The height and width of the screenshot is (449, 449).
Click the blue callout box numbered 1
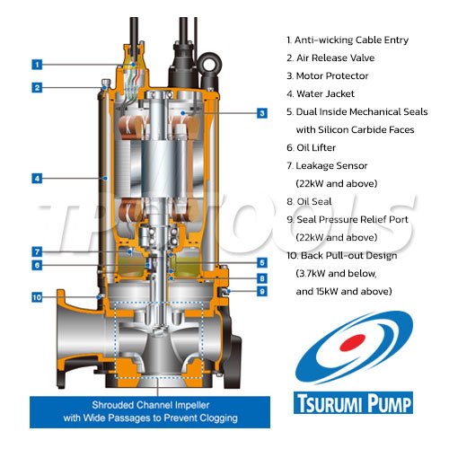coord(37,65)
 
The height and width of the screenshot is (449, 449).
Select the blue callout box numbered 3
coord(262,113)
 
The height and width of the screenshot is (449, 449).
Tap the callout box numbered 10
coord(37,297)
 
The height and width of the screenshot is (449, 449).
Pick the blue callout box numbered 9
coord(262,291)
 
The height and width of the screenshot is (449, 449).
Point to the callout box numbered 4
coord(37,179)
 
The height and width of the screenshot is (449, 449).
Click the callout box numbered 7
coord(37,251)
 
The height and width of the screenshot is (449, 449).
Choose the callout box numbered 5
coord(262,263)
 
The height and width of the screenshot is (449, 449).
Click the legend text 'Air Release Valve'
coord(335,57)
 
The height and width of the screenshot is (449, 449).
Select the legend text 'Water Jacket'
coord(325,93)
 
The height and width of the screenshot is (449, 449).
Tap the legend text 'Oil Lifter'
coord(316,147)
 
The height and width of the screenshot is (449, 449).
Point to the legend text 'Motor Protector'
coord(332,75)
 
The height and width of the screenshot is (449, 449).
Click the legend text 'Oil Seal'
coord(314,201)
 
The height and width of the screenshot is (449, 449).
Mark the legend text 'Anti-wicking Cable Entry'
coord(351,40)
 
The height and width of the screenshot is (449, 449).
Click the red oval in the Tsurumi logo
coord(353,343)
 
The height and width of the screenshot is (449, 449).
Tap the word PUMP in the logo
coord(389,404)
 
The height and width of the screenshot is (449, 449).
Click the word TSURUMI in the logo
coord(330,404)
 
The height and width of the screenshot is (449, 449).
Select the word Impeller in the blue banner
coord(192,405)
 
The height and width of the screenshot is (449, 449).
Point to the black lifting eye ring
coord(211,62)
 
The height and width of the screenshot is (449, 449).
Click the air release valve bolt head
coord(105,83)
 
